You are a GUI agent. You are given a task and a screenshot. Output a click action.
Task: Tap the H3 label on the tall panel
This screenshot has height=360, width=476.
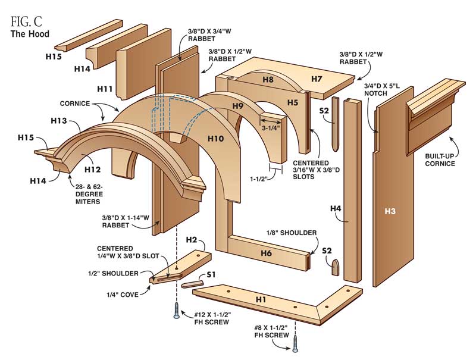[390, 211]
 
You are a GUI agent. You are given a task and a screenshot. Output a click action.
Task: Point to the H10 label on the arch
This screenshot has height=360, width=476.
[216, 139]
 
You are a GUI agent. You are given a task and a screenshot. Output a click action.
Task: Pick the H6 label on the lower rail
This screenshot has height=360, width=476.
[265, 252]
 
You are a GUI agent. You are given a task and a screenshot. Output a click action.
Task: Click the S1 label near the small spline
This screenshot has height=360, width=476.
[211, 275]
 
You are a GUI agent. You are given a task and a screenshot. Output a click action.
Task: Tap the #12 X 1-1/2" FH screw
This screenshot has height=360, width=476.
[176, 310]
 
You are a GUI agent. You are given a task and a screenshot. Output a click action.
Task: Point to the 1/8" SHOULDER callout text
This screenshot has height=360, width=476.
[292, 233]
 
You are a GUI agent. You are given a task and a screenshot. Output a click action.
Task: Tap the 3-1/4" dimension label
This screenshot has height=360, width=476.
[271, 126]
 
